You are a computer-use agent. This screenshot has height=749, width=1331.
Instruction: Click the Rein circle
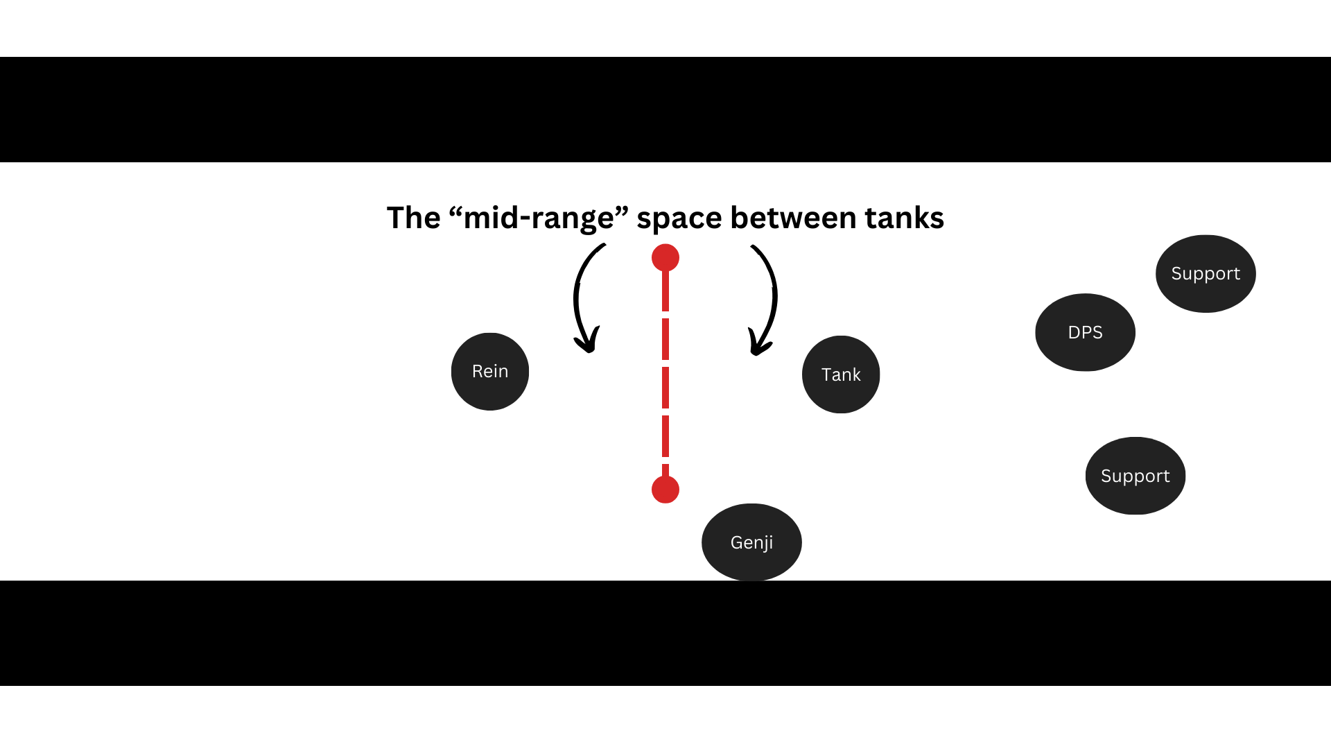[490, 372]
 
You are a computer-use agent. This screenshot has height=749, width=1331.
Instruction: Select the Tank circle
[841, 374]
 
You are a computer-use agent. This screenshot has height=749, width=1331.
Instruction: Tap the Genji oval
[751, 542]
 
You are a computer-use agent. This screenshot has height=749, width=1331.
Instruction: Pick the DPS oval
[1085, 332]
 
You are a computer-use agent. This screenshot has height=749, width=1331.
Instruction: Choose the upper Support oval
[1206, 273]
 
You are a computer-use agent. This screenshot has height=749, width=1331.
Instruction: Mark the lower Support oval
[1136, 476]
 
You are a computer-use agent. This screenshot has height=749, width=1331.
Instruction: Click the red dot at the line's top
[665, 258]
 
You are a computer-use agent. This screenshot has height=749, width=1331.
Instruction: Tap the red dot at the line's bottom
[665, 490]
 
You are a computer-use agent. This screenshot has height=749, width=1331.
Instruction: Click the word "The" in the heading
[413, 218]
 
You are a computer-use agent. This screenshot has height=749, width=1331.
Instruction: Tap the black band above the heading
[665, 110]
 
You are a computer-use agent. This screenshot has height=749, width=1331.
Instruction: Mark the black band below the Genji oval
[665, 633]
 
